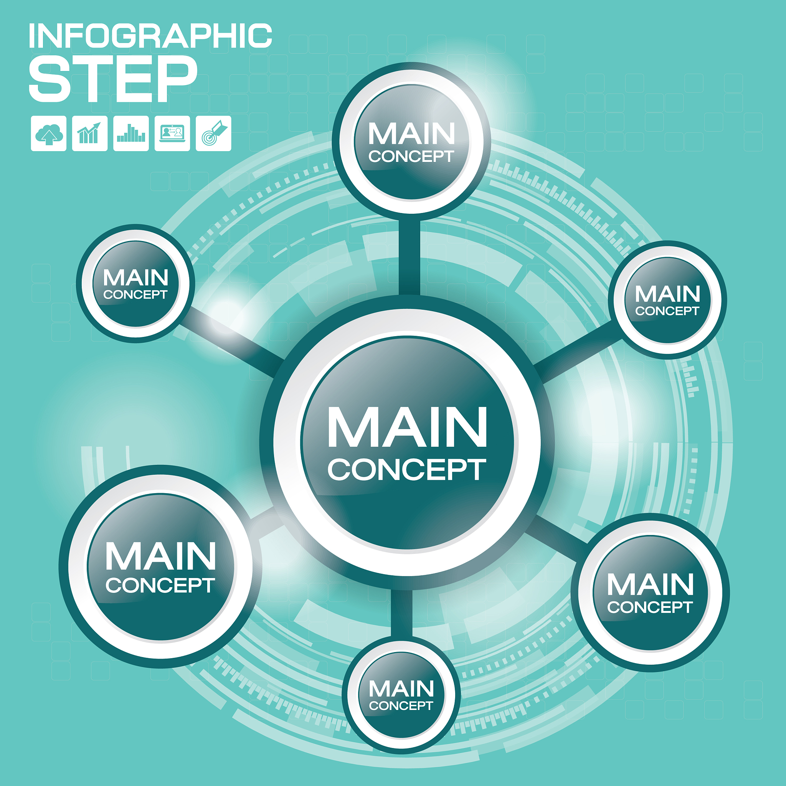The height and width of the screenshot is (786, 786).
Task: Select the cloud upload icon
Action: (48, 134)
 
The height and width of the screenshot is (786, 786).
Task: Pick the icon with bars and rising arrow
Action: (90, 134)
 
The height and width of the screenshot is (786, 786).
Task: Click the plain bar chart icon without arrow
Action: (131, 134)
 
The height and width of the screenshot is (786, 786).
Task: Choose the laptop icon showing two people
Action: (172, 134)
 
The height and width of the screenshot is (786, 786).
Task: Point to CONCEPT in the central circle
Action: (407, 469)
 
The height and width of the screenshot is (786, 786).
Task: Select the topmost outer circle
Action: (412, 141)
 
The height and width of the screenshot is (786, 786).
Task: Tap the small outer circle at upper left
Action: (135, 284)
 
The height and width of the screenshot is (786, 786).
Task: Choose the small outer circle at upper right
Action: (668, 300)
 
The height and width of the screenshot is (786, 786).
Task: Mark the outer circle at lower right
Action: (650, 592)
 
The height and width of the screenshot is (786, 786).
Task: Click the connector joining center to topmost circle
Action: (409, 257)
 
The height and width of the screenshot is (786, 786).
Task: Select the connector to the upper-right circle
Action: (578, 352)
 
